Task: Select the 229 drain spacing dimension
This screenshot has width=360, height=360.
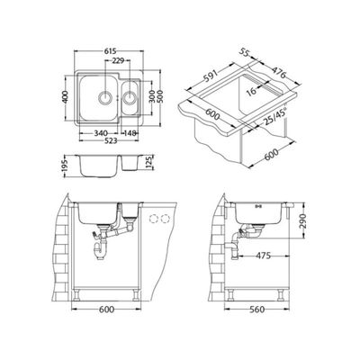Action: (x=118, y=61)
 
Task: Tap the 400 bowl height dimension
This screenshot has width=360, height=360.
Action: (x=66, y=96)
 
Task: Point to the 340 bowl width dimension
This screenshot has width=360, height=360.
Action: (x=101, y=132)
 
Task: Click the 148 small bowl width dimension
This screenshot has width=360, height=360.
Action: (x=130, y=132)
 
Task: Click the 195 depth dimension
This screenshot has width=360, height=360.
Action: (x=66, y=166)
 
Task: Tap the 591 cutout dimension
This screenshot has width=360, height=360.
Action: (x=211, y=76)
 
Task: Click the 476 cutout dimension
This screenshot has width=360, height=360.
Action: (x=279, y=72)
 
